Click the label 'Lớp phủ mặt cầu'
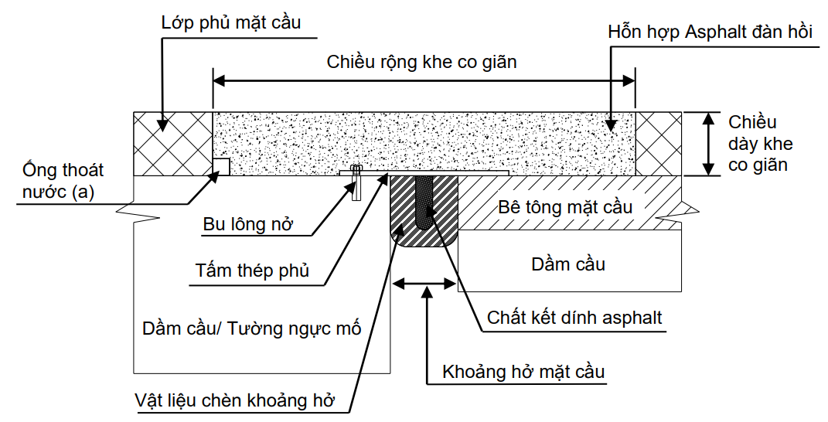[x=230, y=22]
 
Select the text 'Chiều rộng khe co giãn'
[x=421, y=61]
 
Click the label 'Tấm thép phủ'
[x=252, y=271]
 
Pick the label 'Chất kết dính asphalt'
[x=574, y=317]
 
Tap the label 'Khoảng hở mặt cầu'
[x=523, y=372]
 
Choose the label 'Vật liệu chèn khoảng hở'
[x=237, y=402]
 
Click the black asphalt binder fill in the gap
[x=424, y=201]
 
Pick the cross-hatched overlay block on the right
[x=659, y=144]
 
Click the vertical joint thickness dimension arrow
[x=709, y=144]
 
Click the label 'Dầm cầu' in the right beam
[x=568, y=264]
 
